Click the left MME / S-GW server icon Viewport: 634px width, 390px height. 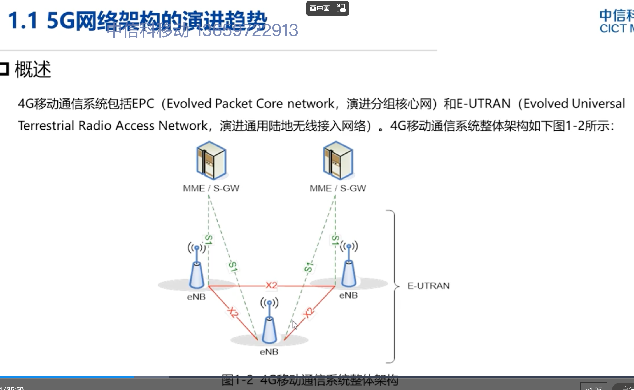click(211, 161)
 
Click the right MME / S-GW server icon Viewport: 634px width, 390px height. click(338, 161)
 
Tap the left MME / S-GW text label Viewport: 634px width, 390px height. click(211, 188)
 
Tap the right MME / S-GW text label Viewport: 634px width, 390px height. click(338, 188)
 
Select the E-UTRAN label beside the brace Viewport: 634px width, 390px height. click(428, 286)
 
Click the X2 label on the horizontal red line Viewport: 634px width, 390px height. click(271, 285)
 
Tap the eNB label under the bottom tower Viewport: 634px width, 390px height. click(269, 352)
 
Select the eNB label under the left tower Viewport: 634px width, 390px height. click(196, 297)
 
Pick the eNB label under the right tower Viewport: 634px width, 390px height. click(348, 295)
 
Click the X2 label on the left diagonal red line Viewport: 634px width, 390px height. click(233, 312)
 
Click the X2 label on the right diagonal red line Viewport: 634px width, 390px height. click(308, 313)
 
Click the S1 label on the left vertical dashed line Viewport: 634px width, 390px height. click(208, 240)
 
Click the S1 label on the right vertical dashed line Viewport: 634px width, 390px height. click(335, 240)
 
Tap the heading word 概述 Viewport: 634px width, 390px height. click(33, 69)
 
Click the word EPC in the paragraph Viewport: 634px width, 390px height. click(143, 104)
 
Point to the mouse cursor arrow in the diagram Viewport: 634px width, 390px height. click(295, 325)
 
